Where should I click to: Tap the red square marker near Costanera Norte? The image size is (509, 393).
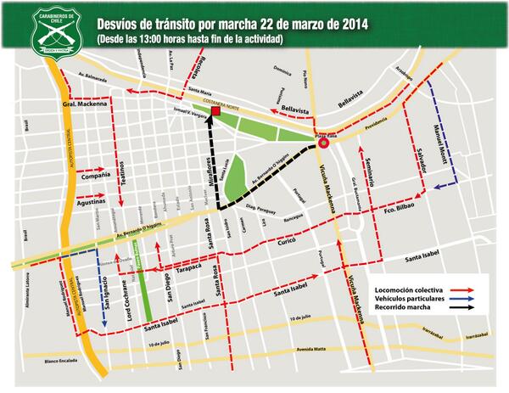pyautogui.click(x=217, y=111)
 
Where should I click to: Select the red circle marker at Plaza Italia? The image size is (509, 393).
pyautogui.click(x=324, y=144)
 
